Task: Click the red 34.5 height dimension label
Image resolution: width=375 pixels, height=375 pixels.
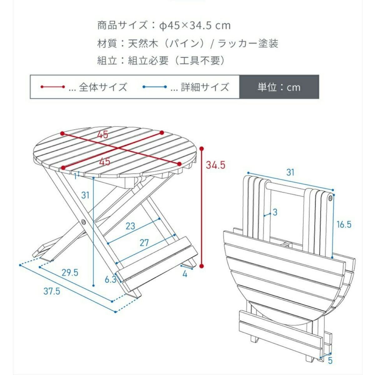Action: pos(215,165)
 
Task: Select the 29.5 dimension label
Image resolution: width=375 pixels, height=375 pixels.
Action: pos(70,272)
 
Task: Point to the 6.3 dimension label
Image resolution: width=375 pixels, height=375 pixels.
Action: pos(110,279)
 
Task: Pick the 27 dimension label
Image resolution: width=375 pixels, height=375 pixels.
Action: pos(144,242)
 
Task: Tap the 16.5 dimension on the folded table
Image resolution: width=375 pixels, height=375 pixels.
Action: pos(344,224)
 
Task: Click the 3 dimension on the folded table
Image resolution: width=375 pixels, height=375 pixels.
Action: pos(275,212)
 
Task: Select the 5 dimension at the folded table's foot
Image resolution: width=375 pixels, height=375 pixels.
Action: pos(330,360)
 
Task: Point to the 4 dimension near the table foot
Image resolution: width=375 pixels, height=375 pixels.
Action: pos(185,274)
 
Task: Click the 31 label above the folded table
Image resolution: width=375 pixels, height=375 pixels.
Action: pos(290,172)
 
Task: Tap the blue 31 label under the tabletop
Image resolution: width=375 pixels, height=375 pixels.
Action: pos(85,195)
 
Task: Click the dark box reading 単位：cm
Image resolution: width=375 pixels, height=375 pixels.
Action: pos(279,87)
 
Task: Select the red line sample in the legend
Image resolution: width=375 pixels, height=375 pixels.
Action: pos(52,87)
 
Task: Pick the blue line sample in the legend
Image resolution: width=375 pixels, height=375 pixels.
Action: pos(155,87)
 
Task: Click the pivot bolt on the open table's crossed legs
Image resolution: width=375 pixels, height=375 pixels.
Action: pos(83,222)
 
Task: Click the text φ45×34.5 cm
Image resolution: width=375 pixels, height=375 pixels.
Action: pos(195,25)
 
